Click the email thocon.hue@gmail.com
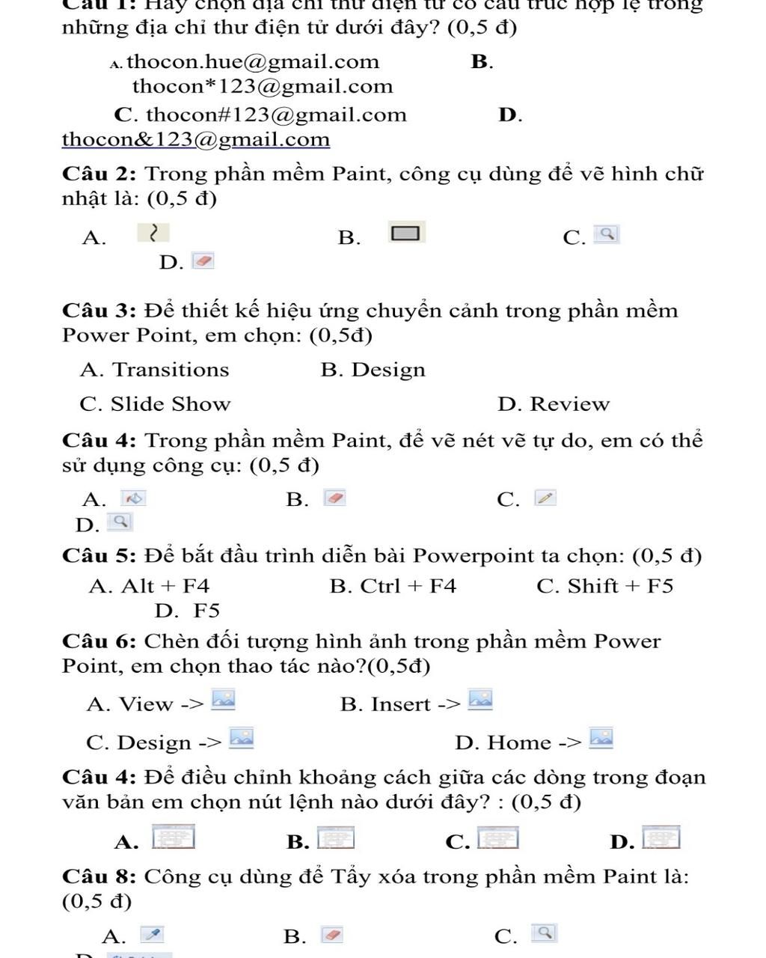[253, 61]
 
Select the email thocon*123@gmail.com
[263, 86]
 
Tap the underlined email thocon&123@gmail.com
[196, 139]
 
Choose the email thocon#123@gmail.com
[276, 115]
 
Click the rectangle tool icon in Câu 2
[406, 234]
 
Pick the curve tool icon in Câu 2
[153, 234]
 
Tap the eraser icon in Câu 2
[203, 261]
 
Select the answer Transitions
[171, 370]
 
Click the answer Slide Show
[171, 404]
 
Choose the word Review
[569, 404]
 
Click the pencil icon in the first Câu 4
[545, 498]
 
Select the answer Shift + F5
[620, 586]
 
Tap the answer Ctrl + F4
[408, 586]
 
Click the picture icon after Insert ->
[480, 699]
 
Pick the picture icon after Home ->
[601, 738]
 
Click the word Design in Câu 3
[388, 370]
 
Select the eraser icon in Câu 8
[332, 934]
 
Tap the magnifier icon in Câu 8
[545, 933]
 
